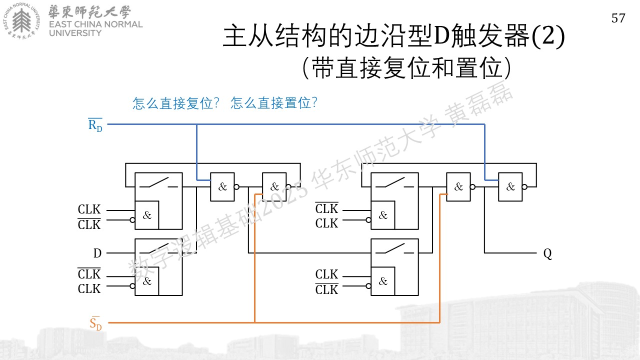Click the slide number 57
point(618,18)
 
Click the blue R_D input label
point(95,125)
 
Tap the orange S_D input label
point(95,323)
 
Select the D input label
point(97,253)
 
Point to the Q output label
point(547,253)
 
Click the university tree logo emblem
point(21,20)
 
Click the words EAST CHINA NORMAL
point(95,24)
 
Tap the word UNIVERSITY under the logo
point(75,33)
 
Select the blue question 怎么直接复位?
point(176,103)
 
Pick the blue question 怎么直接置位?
point(274,103)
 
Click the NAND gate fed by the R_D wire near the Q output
point(510,187)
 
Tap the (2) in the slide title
point(548,36)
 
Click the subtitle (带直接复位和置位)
point(407,67)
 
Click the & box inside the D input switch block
point(147,281)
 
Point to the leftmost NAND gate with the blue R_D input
point(222,187)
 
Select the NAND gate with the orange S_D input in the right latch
point(458,187)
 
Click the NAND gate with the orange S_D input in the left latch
point(274,187)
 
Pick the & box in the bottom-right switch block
point(383,281)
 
